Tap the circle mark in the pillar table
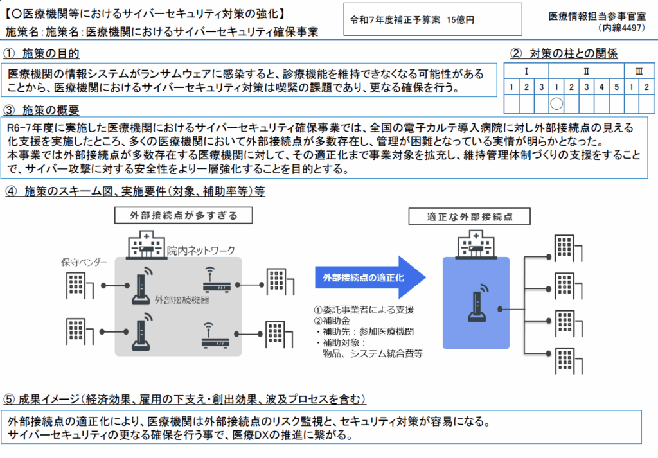tap(557, 103)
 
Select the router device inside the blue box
tap(476, 302)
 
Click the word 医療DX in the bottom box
tap(249, 436)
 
